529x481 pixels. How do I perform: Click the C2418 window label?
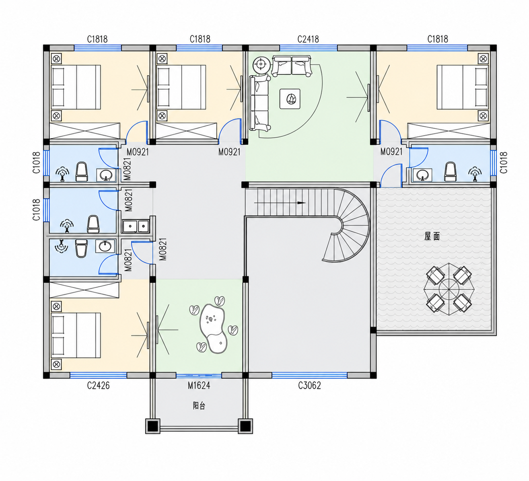pos(308,39)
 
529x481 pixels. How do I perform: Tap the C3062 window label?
pos(309,386)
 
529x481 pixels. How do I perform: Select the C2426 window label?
pos(98,386)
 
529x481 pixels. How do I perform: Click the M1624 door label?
pos(199,386)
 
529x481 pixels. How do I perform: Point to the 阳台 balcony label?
pos(199,405)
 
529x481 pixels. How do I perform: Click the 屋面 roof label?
pos(432,236)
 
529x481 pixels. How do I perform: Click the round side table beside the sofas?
pos(261,64)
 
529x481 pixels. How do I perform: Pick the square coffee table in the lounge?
pos(290,99)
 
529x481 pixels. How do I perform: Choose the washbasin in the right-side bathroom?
pos(422,175)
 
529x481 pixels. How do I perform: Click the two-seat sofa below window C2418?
pos(291,66)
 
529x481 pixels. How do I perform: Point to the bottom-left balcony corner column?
pos(153,426)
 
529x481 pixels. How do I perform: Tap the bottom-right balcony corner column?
pos(245,426)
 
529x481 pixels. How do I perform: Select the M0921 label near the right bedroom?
pos(391,152)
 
